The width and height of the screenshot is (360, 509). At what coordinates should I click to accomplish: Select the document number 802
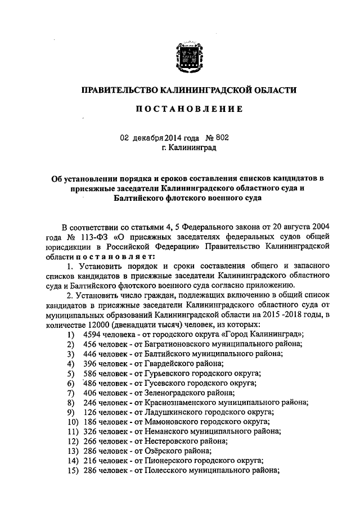(222, 137)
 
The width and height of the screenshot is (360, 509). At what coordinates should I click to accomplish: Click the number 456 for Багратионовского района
(91, 344)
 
